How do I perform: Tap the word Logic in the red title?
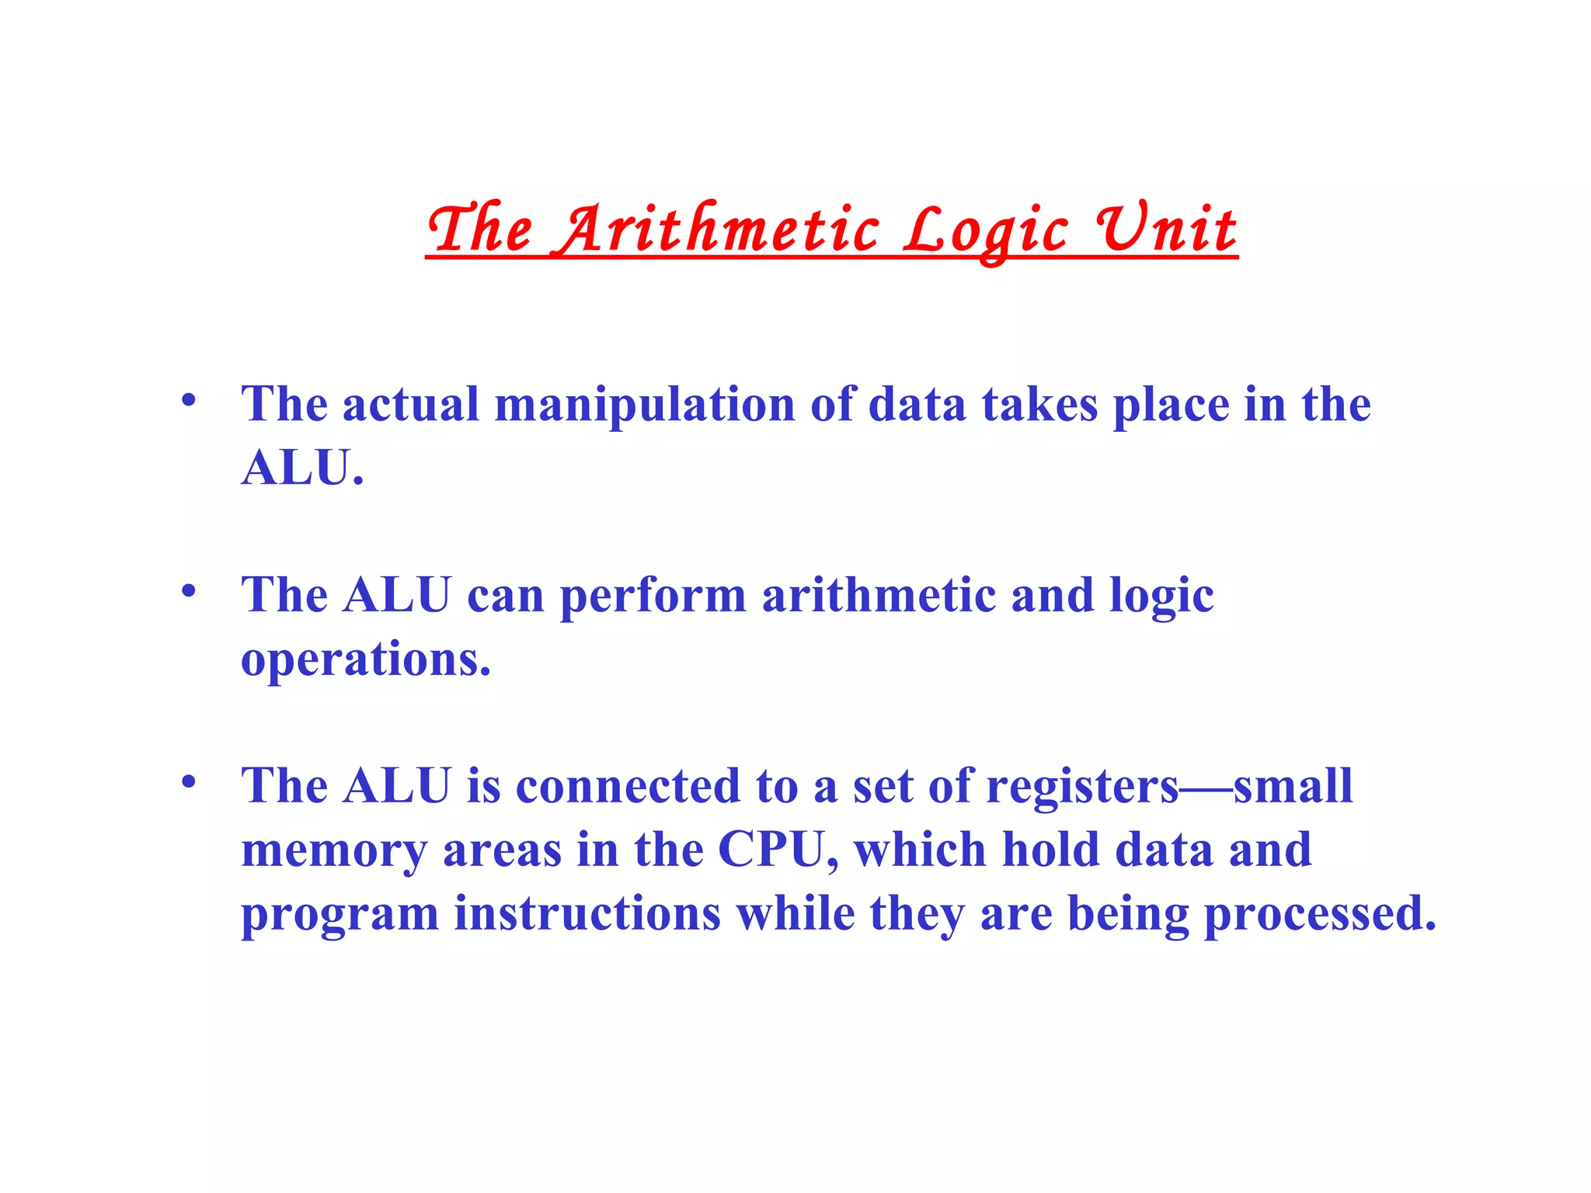[x=985, y=231]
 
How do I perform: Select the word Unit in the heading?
[x=1165, y=229]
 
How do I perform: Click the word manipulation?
[x=645, y=405]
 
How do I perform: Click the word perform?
[x=653, y=596]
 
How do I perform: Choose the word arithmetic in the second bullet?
[x=878, y=596]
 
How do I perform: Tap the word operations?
[x=365, y=660]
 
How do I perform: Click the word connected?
[x=628, y=786]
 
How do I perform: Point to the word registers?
[x=1082, y=787]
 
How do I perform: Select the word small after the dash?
[x=1293, y=786]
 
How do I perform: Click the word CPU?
[x=777, y=850]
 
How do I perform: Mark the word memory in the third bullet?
[x=334, y=851]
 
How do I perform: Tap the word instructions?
[x=587, y=913]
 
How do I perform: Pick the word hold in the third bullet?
[x=1050, y=850]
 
